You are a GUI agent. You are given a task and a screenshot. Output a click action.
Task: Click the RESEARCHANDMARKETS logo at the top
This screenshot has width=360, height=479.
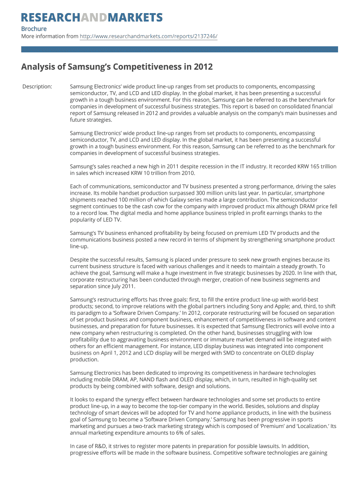click(92, 18)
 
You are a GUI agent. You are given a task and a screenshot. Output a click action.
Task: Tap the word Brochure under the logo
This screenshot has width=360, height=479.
click(34, 29)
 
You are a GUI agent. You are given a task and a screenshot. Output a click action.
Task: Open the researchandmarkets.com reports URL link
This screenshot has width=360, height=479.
click(149, 36)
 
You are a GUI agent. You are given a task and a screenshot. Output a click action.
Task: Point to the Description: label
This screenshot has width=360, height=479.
click(37, 87)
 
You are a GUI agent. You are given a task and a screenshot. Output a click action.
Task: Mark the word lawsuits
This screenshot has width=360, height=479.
click(270, 446)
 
